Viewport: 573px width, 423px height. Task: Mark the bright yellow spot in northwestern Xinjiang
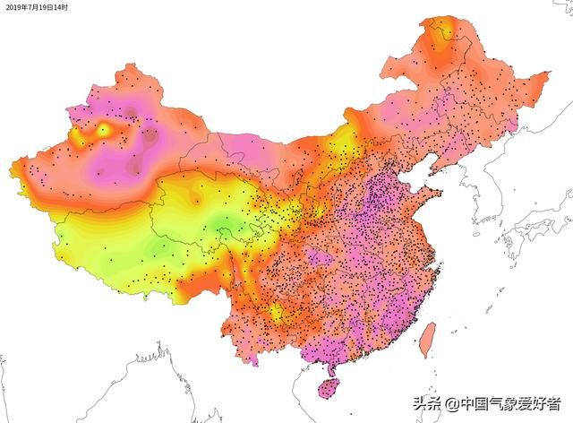click(103, 130)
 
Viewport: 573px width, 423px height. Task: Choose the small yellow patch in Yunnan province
click(277, 313)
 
